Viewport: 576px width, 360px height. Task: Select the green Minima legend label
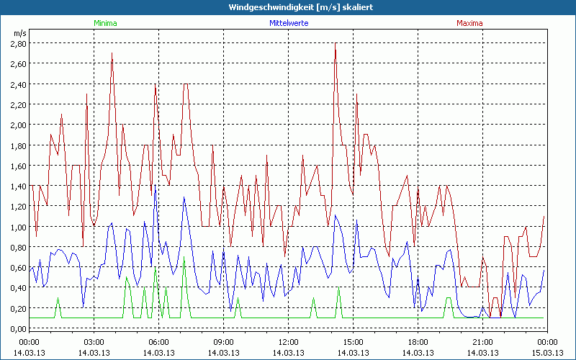[104, 23]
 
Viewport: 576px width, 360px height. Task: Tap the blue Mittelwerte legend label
[288, 23]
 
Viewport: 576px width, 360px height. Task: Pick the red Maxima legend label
[469, 23]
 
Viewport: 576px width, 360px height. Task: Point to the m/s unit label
[19, 33]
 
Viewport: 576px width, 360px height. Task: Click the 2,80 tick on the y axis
[18, 43]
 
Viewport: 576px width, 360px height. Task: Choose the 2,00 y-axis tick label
[18, 125]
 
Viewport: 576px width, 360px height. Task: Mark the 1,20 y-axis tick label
[18, 206]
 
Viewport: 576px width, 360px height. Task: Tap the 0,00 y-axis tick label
[18, 328]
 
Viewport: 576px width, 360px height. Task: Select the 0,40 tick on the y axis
[18, 287]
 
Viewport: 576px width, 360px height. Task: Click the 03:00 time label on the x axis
[94, 341]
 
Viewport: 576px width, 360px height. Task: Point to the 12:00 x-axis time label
[288, 341]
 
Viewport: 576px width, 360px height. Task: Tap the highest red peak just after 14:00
[336, 45]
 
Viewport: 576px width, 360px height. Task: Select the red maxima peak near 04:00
[112, 54]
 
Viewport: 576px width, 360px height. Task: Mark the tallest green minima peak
[156, 269]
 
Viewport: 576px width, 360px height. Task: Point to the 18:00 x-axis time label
[418, 341]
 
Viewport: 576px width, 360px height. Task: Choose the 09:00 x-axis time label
[223, 341]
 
